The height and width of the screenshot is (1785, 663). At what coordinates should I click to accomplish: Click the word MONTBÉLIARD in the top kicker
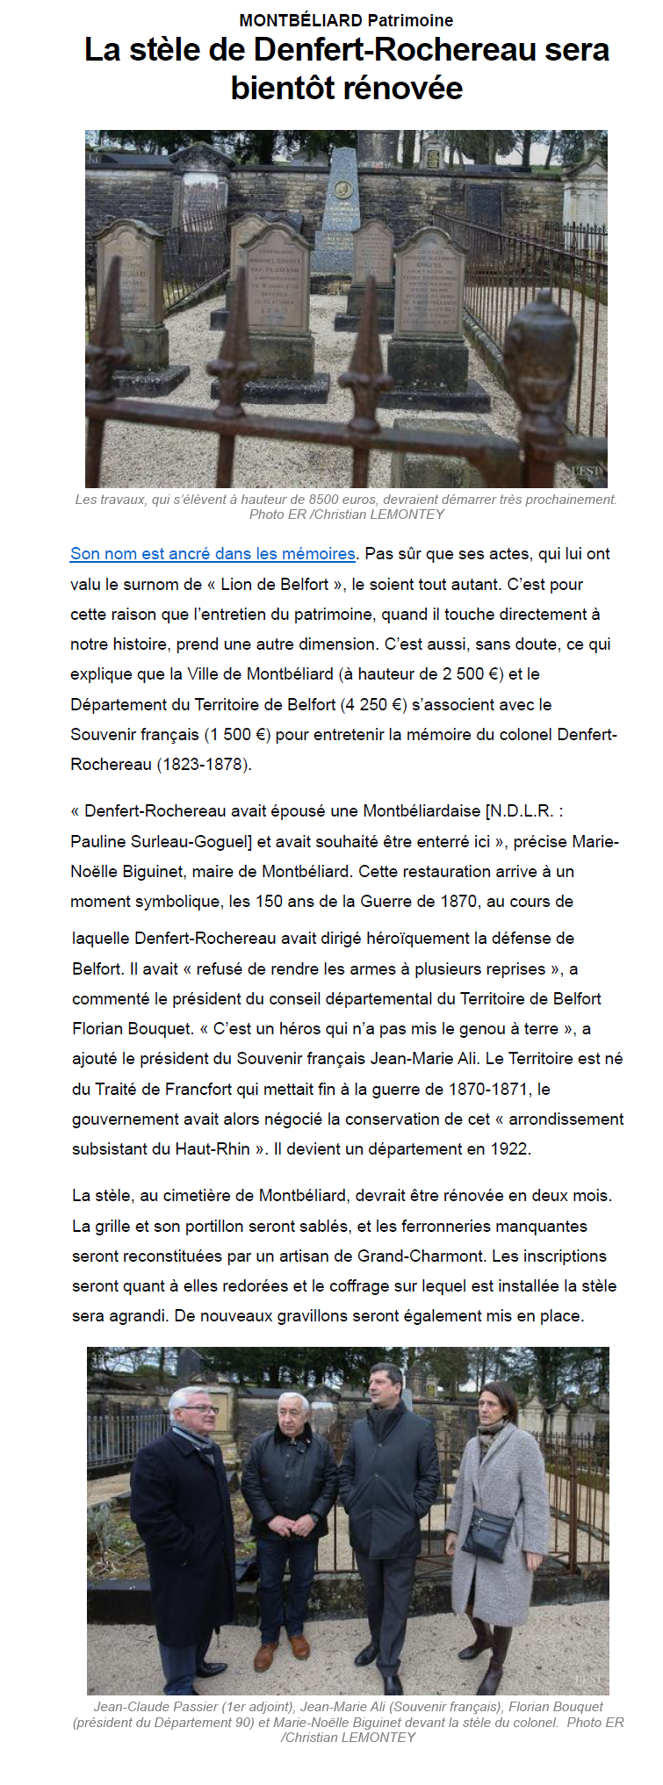(x=300, y=19)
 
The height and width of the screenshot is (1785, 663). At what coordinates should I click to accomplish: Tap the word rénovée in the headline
(x=404, y=88)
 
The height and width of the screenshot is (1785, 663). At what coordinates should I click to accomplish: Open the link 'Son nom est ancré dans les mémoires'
(x=213, y=554)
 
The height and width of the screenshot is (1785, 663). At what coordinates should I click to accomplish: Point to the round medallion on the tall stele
(x=342, y=187)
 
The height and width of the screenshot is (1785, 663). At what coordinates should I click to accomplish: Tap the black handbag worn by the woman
(x=486, y=1530)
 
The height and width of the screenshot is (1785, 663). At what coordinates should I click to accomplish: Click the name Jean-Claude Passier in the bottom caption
(x=155, y=1706)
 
